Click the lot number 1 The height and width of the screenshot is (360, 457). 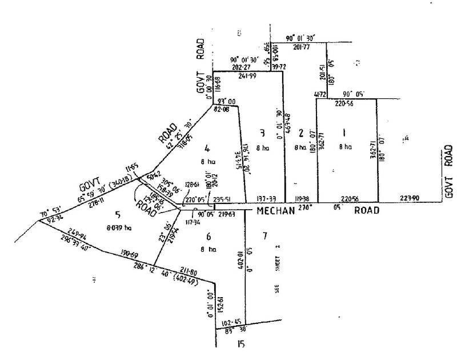pyautogui.click(x=343, y=132)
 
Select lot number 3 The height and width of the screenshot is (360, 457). pyautogui.click(x=262, y=134)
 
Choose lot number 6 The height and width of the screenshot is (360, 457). pyautogui.click(x=209, y=236)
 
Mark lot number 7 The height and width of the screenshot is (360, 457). pyautogui.click(x=264, y=236)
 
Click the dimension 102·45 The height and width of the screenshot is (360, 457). pyautogui.click(x=235, y=322)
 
